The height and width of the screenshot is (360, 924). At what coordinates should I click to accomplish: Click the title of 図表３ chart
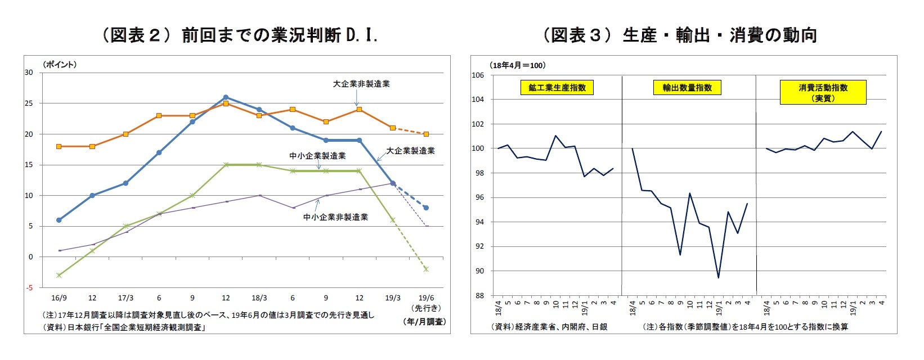[x=680, y=35]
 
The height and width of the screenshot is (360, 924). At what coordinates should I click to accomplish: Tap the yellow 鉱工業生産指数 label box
[x=557, y=88]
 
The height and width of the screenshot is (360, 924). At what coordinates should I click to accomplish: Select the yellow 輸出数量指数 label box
[x=687, y=88]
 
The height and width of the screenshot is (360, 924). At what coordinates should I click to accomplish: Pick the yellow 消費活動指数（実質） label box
[x=823, y=93]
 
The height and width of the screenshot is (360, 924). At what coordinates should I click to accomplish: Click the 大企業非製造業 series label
[x=361, y=84]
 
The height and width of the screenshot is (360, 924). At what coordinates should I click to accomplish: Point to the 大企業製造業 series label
[x=410, y=151]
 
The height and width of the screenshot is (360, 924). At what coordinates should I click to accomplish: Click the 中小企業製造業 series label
[x=317, y=156]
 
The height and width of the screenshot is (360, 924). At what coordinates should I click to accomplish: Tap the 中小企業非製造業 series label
[x=335, y=217]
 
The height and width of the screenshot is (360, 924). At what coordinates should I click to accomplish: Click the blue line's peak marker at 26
[x=226, y=97]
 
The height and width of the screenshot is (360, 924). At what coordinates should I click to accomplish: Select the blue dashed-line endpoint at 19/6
[x=426, y=208]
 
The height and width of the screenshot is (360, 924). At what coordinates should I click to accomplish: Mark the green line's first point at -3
[x=59, y=275]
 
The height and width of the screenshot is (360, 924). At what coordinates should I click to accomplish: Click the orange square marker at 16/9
[x=59, y=146]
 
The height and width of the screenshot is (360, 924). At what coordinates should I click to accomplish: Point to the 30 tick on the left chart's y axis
[x=29, y=73]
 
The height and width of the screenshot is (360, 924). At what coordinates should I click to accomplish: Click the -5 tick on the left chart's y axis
[x=29, y=287]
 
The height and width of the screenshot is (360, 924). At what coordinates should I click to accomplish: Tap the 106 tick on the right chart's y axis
[x=477, y=75]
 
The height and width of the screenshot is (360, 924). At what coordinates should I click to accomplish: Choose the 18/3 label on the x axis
[x=259, y=298]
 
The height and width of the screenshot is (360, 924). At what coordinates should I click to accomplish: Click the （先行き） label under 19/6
[x=427, y=308]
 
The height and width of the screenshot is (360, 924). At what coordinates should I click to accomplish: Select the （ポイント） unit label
[x=60, y=65]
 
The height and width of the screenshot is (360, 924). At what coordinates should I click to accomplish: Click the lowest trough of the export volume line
[x=719, y=277]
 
